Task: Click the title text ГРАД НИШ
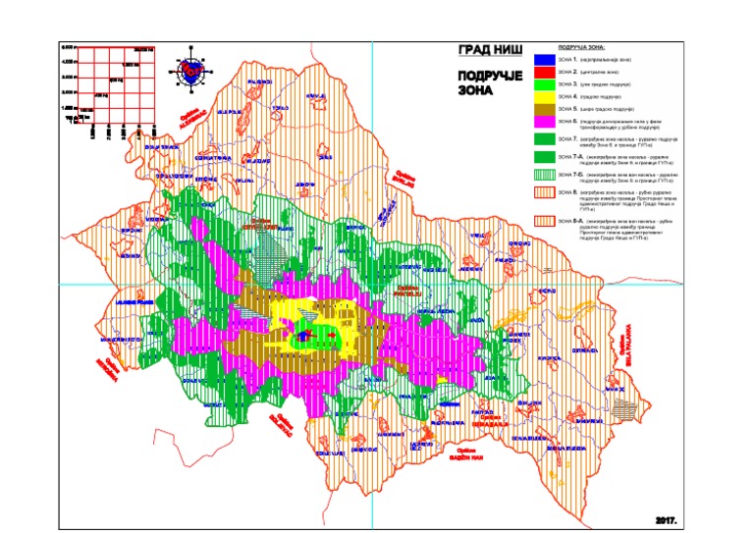(490, 50)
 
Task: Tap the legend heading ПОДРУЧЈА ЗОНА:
(582, 47)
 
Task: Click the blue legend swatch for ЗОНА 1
(543, 61)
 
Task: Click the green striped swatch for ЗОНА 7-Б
(543, 176)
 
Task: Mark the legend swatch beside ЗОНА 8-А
(543, 223)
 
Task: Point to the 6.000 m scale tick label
(69, 47)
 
